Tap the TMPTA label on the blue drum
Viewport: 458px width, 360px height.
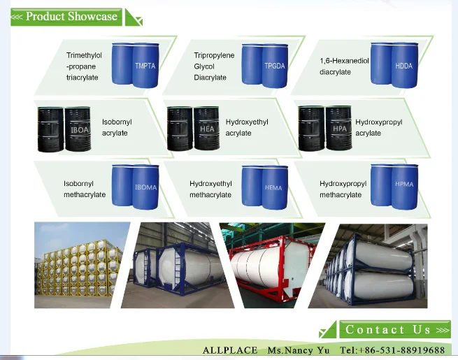click(x=145, y=66)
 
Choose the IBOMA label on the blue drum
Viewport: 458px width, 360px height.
click(x=145, y=187)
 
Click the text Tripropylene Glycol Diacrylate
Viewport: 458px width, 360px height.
click(x=214, y=66)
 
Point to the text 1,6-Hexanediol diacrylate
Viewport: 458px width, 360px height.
click(x=343, y=66)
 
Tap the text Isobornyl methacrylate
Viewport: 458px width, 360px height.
click(x=85, y=189)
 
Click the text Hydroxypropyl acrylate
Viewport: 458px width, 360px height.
click(x=378, y=127)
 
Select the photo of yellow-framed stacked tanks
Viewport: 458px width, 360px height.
click(x=83, y=265)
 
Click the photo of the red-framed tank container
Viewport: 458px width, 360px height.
click(x=272, y=265)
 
